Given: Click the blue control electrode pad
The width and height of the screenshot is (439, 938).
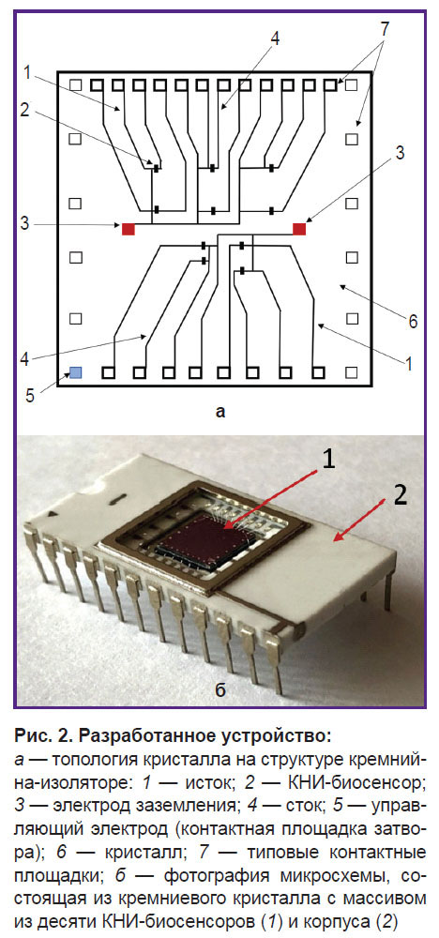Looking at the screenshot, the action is pyautogui.click(x=76, y=373).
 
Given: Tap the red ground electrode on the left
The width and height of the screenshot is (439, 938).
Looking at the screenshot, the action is pyautogui.click(x=128, y=229).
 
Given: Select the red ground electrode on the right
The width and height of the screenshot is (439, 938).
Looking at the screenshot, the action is pyautogui.click(x=299, y=229).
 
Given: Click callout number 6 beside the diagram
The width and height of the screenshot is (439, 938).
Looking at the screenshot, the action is pyautogui.click(x=413, y=321).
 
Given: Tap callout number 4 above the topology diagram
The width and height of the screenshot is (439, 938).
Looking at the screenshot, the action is pyautogui.click(x=275, y=38).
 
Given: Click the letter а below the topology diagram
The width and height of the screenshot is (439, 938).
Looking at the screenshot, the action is pyautogui.click(x=220, y=412).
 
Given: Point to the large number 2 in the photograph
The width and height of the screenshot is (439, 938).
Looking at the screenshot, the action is pyautogui.click(x=401, y=496).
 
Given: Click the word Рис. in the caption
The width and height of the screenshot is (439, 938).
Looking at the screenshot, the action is pyautogui.click(x=30, y=734).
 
